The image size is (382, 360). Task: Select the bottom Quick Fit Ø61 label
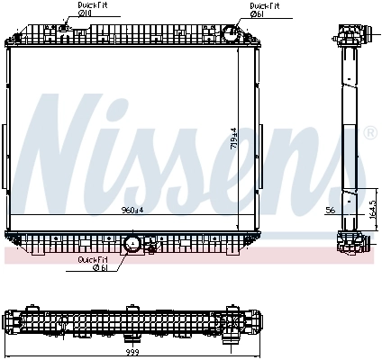click(94, 263)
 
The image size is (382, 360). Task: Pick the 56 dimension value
click(329, 209)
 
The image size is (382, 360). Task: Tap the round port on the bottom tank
click(132, 243)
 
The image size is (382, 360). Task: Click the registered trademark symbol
click(368, 133)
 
